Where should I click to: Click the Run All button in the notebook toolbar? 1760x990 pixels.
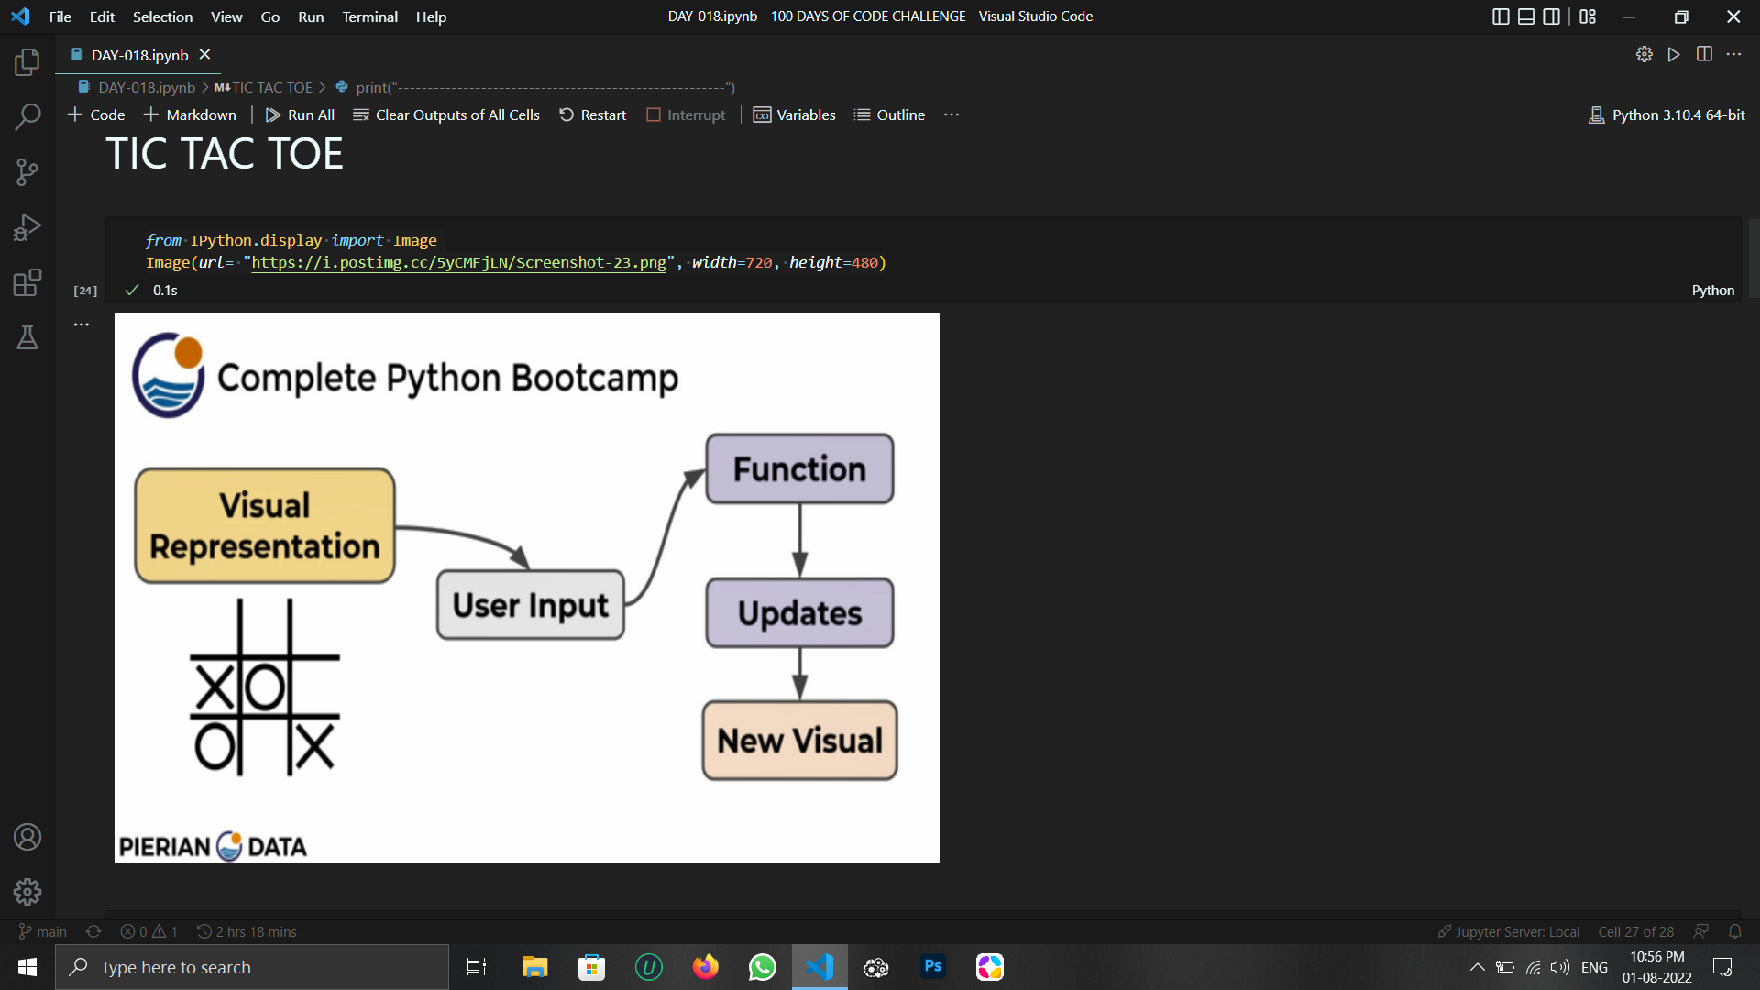(x=300, y=115)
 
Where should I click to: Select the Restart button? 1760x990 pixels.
(x=592, y=115)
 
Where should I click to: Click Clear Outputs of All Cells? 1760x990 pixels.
(x=446, y=115)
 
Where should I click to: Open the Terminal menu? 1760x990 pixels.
(x=369, y=16)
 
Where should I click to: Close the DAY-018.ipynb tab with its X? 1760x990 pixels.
(x=205, y=55)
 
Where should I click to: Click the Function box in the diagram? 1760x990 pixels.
(x=799, y=469)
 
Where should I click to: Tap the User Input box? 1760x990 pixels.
(x=531, y=605)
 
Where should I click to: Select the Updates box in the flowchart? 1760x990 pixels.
(x=799, y=612)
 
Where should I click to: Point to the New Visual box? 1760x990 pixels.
(x=799, y=741)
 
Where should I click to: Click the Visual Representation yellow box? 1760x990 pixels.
(x=265, y=526)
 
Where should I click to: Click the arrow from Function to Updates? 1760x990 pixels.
(x=799, y=540)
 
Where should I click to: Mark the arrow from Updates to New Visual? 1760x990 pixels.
(x=799, y=674)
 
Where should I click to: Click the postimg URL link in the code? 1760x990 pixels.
(x=458, y=263)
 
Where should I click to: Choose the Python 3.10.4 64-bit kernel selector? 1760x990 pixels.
(x=1666, y=115)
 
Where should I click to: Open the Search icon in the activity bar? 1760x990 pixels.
(x=27, y=117)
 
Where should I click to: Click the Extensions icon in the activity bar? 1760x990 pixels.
(x=27, y=282)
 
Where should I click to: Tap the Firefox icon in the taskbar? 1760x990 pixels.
(x=706, y=967)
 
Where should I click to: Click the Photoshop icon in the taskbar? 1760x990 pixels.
(x=933, y=967)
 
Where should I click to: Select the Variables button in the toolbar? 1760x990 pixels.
(x=794, y=115)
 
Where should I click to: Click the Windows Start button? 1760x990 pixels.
(x=27, y=967)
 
